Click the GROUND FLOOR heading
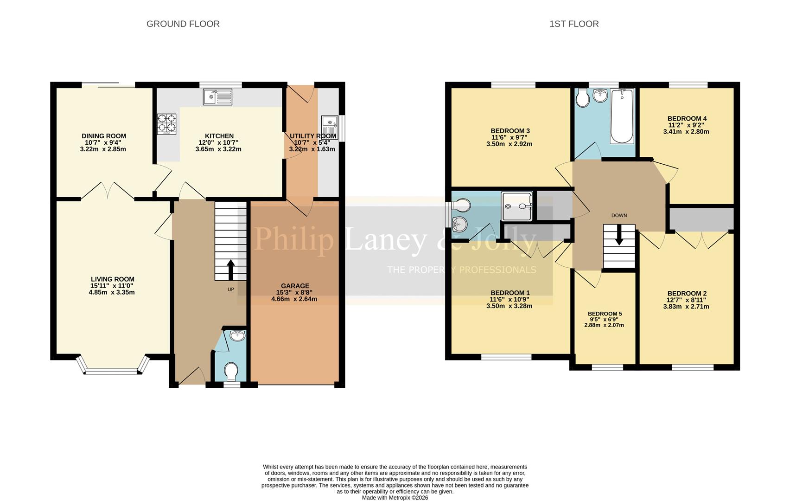[183, 24]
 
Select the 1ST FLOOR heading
[573, 24]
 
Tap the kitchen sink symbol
[217, 97]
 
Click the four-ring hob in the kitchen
[167, 124]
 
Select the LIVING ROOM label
[112, 279]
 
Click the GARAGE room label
[295, 286]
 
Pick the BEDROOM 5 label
[605, 314]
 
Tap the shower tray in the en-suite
[517, 206]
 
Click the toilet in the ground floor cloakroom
[231, 371]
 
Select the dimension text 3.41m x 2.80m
[686, 132]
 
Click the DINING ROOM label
[104, 136]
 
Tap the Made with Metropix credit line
[395, 498]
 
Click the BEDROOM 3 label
[510, 131]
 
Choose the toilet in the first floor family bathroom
[582, 98]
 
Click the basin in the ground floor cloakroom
[237, 335]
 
